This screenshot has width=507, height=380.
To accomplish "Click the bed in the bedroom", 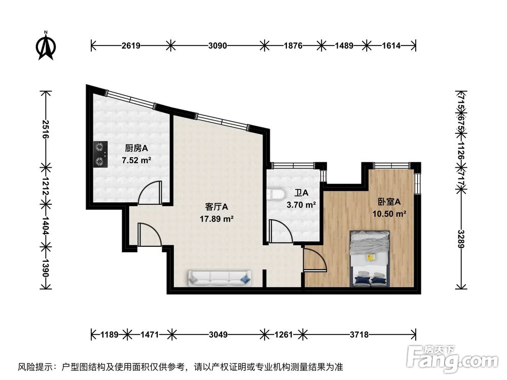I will coord(371,258).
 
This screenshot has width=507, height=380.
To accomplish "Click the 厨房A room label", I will coord(136,148).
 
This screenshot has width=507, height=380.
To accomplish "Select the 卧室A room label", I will coord(389,202).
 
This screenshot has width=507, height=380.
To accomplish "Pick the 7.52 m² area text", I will coord(136,161).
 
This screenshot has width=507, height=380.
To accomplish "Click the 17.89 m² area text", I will coord(216,219).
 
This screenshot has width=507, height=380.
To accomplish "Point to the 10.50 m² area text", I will coord(389,214).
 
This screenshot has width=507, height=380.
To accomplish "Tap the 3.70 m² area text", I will coord(301,205).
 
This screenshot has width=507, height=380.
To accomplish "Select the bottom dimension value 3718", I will coord(359,334).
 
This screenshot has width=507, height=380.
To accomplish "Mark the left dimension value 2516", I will coord(46,129).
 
